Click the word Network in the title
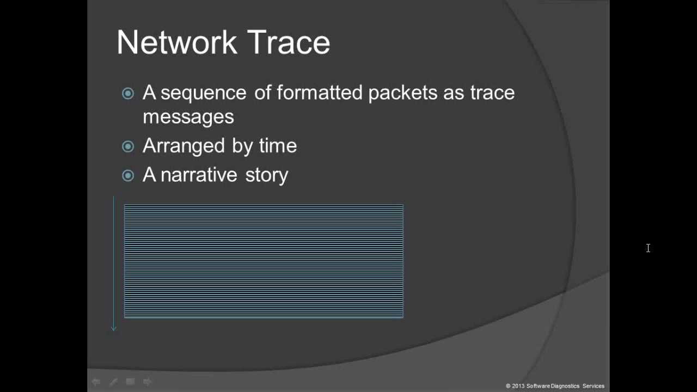click(176, 42)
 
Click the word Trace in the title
click(289, 42)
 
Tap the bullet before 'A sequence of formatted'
click(128, 94)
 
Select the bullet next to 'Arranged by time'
click(128, 146)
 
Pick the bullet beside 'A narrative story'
click(128, 175)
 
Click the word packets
click(402, 93)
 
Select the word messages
click(188, 117)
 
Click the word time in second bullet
click(278, 145)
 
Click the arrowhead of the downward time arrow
click(114, 327)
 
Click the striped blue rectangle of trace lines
click(264, 261)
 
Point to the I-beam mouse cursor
click(648, 248)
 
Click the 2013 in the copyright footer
click(518, 386)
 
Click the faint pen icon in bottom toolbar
click(113, 382)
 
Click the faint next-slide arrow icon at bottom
click(147, 382)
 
